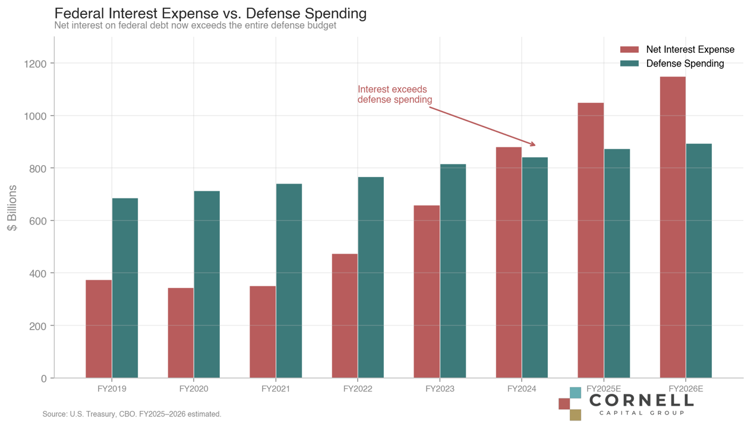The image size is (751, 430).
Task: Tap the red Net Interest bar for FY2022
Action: [345, 315]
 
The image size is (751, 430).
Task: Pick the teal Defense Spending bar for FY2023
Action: [453, 271]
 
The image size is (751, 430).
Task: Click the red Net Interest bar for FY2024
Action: [509, 262]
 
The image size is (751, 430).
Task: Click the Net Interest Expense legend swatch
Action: [629, 50]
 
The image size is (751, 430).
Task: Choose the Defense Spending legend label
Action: [684, 64]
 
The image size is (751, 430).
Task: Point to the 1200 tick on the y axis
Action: [36, 64]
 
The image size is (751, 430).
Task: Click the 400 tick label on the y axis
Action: [36, 273]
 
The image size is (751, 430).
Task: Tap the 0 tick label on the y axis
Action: [43, 378]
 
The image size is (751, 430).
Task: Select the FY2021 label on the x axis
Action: [276, 390]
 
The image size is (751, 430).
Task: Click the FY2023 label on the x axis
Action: [440, 390]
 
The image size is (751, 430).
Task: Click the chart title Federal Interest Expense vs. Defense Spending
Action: [210, 13]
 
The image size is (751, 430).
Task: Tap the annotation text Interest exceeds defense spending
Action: [395, 94]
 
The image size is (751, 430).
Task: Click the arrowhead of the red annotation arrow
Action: [533, 144]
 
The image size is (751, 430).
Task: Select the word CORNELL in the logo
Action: [641, 400]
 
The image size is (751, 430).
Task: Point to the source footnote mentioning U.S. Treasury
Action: [131, 414]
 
